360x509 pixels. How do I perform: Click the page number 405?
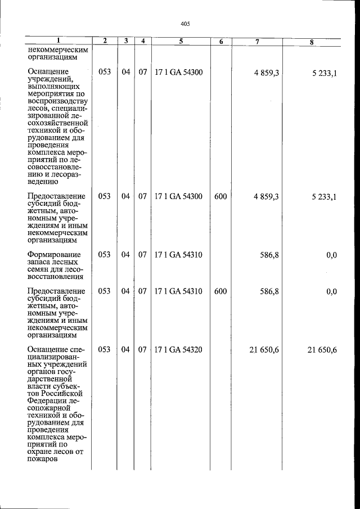tap(186, 24)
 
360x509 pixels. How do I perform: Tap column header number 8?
tap(312, 42)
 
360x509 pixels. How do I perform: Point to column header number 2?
tap(105, 42)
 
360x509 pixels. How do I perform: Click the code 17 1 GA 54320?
tap(178, 350)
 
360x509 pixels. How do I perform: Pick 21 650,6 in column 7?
tap(264, 350)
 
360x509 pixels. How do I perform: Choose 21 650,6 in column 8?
tap(322, 350)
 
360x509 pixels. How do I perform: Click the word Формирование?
tap(54, 255)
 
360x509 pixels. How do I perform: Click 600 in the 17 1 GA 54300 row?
tap(220, 196)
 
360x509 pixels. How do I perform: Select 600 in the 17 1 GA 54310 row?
tap(220, 291)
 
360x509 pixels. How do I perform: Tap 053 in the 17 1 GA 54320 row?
tap(105, 350)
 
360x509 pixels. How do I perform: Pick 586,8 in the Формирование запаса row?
tap(269, 255)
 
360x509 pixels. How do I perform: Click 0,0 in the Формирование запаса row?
tap(331, 255)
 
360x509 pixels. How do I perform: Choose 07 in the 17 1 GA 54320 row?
tap(143, 350)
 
